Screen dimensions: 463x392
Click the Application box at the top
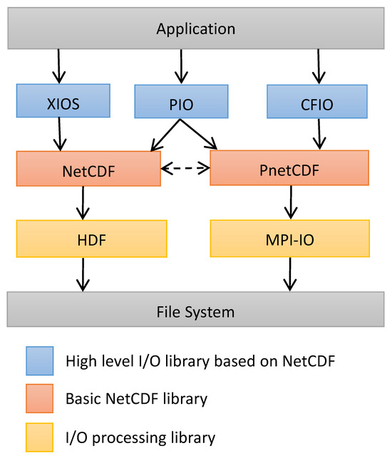click(x=195, y=29)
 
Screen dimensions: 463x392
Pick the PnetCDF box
click(x=289, y=168)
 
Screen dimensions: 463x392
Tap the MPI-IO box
click(x=289, y=238)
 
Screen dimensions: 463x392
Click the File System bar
click(x=195, y=311)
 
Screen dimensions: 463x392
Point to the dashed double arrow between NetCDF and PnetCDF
click(x=185, y=169)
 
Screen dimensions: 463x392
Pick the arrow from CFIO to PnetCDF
click(x=318, y=133)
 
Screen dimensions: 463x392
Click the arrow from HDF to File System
click(x=83, y=274)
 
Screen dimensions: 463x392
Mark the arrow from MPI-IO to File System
click(x=289, y=274)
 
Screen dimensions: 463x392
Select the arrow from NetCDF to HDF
click(x=83, y=203)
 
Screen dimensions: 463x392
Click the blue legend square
click(x=39, y=361)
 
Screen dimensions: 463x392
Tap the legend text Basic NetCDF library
click(x=135, y=399)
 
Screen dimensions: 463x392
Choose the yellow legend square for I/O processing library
click(x=39, y=437)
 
